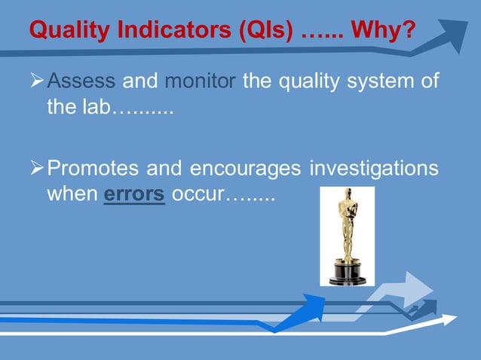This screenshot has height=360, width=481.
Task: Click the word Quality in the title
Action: (x=64, y=31)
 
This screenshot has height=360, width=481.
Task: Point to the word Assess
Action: (x=81, y=81)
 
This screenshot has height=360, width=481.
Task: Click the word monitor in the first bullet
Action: (x=200, y=81)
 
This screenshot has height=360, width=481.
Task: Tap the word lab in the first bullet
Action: (x=94, y=107)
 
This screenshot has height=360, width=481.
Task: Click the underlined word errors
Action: (x=134, y=194)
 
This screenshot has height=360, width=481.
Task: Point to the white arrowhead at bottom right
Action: (x=448, y=320)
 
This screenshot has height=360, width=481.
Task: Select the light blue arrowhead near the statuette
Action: (x=415, y=288)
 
